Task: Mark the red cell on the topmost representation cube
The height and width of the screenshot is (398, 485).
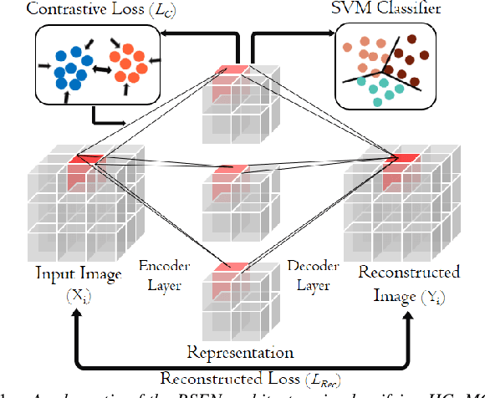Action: [231, 70]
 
